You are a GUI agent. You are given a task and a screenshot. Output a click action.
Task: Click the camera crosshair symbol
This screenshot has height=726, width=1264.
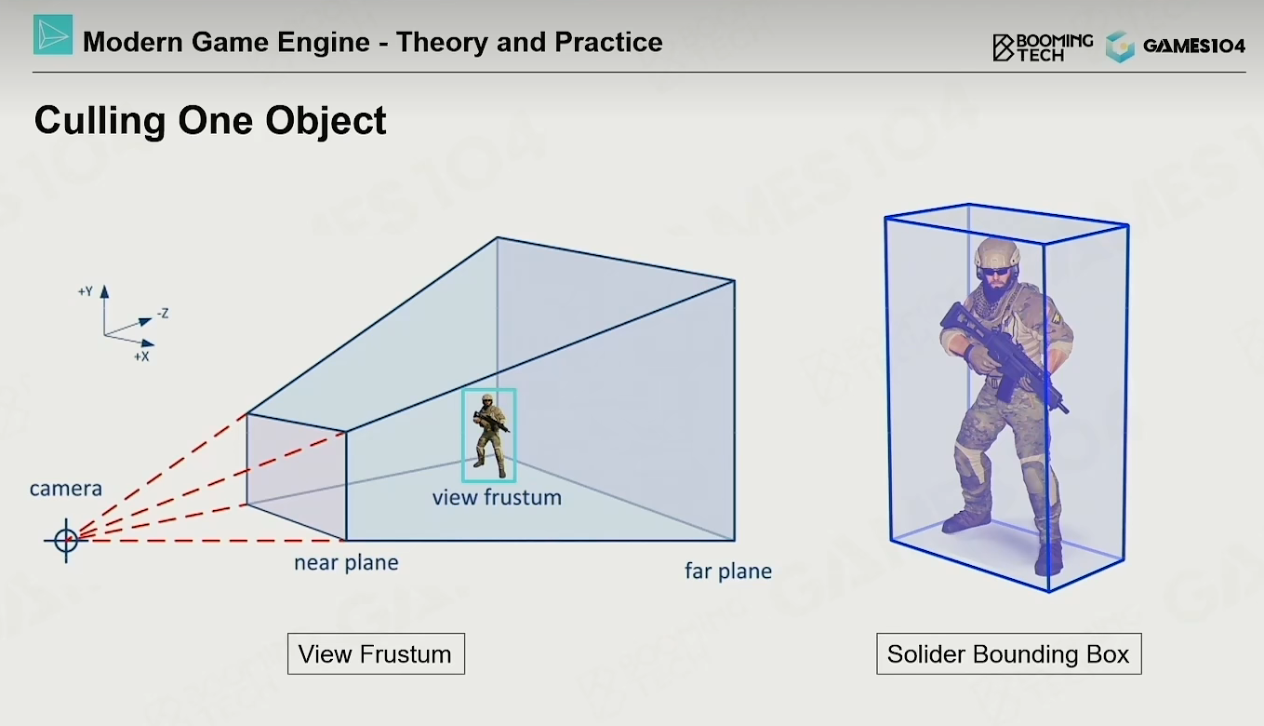click(x=66, y=540)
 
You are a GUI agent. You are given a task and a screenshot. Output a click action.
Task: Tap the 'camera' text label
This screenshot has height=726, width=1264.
click(x=66, y=489)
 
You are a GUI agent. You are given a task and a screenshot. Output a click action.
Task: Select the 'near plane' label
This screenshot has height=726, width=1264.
click(x=346, y=563)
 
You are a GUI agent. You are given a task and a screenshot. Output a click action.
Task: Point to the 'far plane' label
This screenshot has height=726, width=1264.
click(x=728, y=571)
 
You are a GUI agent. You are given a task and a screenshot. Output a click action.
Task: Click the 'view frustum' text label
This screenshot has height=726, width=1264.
click(x=497, y=498)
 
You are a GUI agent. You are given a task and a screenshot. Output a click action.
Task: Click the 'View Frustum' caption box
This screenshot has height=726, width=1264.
click(x=376, y=653)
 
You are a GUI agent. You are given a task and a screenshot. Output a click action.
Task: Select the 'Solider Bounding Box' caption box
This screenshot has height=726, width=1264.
click(x=1009, y=653)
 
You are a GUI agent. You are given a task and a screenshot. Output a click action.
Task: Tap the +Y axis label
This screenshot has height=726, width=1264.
click(x=86, y=291)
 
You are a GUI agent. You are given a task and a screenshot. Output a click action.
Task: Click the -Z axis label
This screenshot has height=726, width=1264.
click(x=163, y=314)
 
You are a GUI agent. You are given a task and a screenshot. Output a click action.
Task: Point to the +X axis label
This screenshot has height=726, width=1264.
click(x=141, y=356)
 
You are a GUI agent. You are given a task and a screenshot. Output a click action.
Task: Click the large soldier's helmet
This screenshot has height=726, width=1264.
click(x=998, y=252)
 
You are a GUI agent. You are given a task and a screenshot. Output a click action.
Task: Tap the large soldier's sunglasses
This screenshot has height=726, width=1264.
click(x=996, y=272)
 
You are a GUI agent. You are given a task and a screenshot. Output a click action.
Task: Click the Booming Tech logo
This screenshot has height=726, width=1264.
click(x=1043, y=47)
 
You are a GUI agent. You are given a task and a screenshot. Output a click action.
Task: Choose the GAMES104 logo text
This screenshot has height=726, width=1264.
click(x=1194, y=46)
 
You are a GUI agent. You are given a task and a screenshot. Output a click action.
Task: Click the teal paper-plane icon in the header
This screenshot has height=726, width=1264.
click(x=53, y=35)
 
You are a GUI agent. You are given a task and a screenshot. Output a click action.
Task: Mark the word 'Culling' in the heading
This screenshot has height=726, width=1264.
click(x=100, y=121)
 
